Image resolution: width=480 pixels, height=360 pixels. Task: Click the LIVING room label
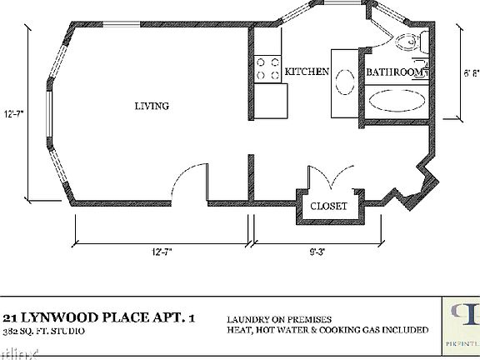click(152, 106)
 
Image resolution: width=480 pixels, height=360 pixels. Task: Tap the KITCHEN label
click(307, 72)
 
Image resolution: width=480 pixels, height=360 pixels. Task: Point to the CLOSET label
click(328, 206)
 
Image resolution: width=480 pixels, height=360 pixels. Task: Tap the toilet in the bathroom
click(411, 42)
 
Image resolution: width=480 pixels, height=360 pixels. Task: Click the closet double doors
click(327, 180)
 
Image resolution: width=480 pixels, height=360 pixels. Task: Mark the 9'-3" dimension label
click(313, 249)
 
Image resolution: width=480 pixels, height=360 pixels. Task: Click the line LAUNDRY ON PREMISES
click(279, 318)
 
